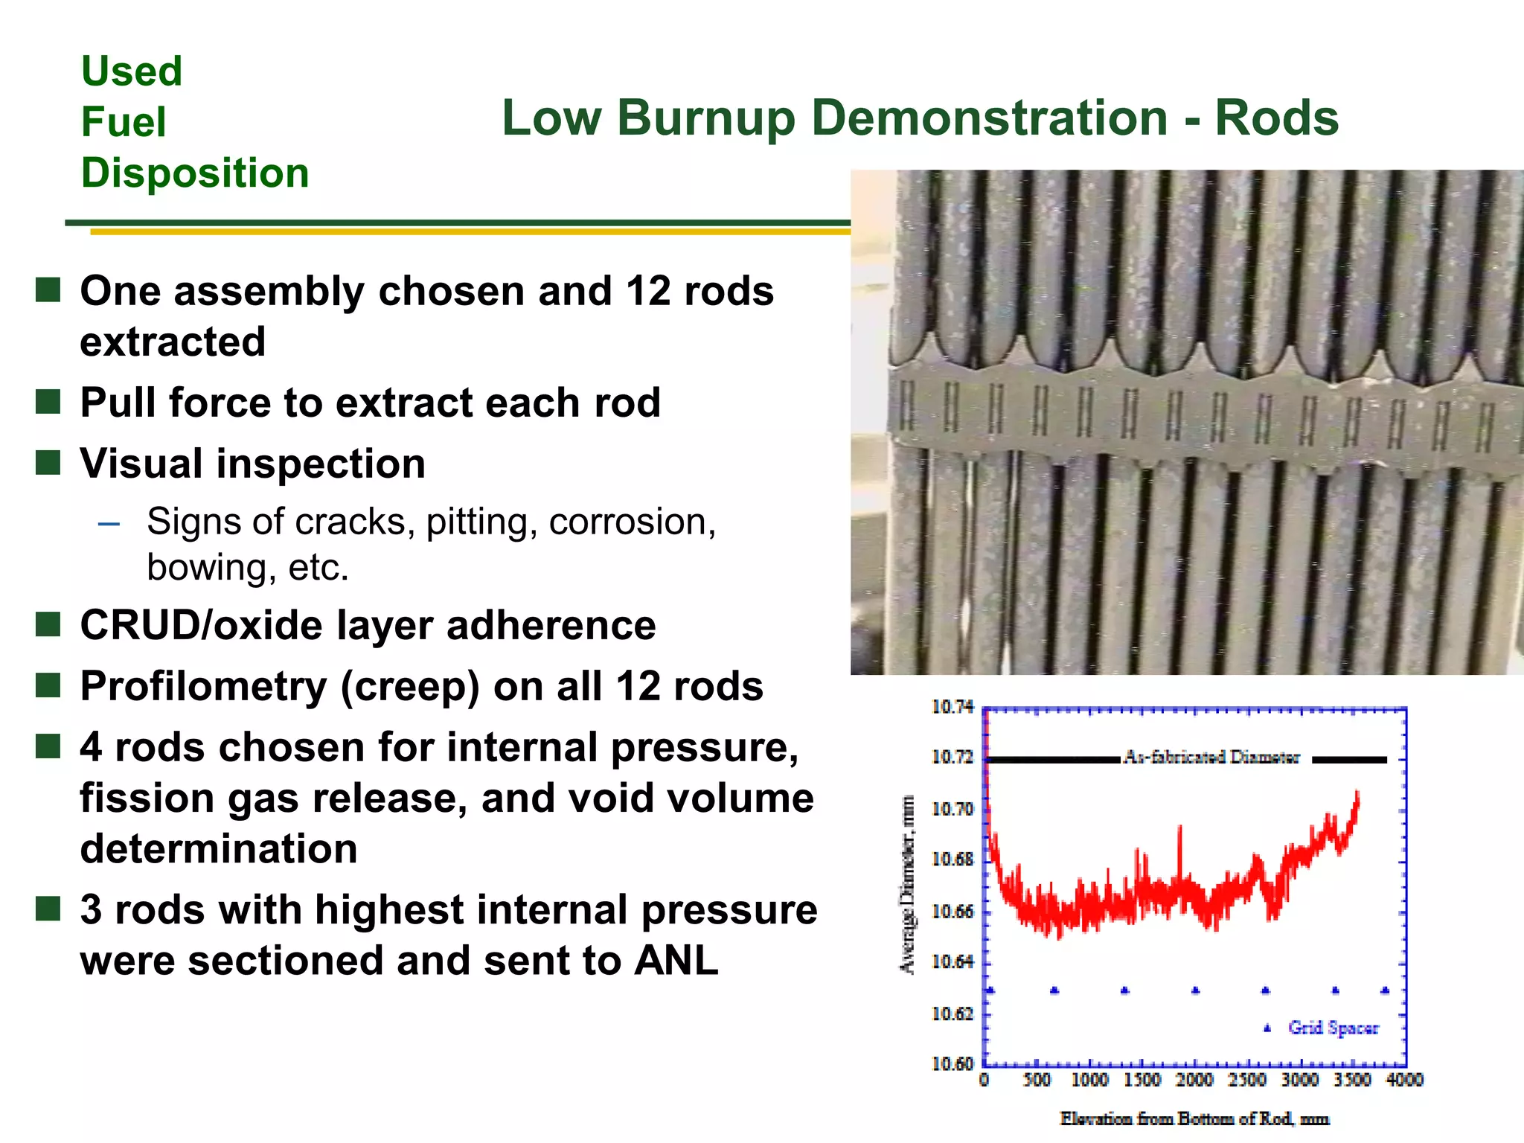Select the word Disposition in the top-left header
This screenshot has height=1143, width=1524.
[195, 173]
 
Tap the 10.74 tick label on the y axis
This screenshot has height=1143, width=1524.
[952, 707]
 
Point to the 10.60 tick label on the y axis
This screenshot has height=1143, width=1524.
[952, 1064]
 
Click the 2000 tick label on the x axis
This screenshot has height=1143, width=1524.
[1194, 1080]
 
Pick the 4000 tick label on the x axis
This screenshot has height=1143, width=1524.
[1404, 1080]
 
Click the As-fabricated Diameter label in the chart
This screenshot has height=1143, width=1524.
[1211, 758]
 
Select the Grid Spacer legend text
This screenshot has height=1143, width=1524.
[1333, 1028]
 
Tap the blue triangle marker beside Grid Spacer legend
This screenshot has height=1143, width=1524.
[1267, 1028]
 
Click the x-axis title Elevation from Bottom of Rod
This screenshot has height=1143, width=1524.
[1194, 1118]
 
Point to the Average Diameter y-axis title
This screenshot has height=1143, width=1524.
[907, 884]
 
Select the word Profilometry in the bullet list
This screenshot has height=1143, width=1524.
[203, 686]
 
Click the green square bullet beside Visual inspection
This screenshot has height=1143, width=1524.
[48, 463]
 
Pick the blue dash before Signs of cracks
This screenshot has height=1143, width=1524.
[109, 524]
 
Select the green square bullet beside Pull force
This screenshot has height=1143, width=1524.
[48, 402]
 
